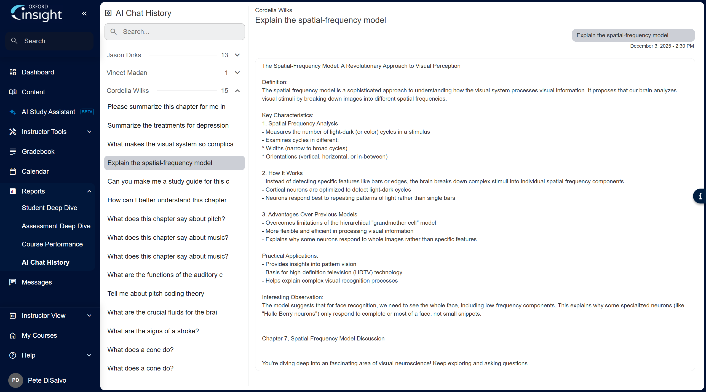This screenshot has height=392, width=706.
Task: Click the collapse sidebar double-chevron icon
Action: click(x=84, y=14)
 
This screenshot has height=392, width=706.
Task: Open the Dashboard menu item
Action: click(x=38, y=72)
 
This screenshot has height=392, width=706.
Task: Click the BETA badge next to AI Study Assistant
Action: click(x=87, y=112)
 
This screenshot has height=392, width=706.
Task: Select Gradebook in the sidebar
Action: click(x=38, y=152)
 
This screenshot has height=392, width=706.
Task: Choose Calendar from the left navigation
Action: click(x=35, y=171)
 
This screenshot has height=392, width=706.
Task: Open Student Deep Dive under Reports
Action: click(x=49, y=208)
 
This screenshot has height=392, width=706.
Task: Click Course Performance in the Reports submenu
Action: click(x=52, y=244)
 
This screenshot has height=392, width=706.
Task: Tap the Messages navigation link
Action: click(x=37, y=282)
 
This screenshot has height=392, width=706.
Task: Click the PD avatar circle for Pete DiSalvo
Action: click(x=15, y=380)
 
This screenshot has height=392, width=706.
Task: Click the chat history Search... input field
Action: click(x=175, y=32)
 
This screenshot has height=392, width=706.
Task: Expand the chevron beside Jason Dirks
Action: click(x=237, y=55)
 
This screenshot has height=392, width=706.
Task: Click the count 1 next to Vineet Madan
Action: click(x=226, y=73)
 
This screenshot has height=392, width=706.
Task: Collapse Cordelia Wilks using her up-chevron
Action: click(x=237, y=91)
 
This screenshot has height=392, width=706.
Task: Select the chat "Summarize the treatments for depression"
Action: click(x=168, y=125)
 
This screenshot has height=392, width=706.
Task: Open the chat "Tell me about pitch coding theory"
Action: click(x=156, y=294)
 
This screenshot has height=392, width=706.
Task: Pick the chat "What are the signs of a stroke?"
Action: click(x=153, y=331)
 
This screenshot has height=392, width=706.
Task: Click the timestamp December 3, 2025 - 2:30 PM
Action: click(x=662, y=46)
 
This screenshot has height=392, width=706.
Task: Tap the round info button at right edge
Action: click(x=700, y=196)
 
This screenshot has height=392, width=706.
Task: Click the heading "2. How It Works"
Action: click(x=282, y=173)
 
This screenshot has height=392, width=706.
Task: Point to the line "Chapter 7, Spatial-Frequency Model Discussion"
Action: click(x=323, y=339)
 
